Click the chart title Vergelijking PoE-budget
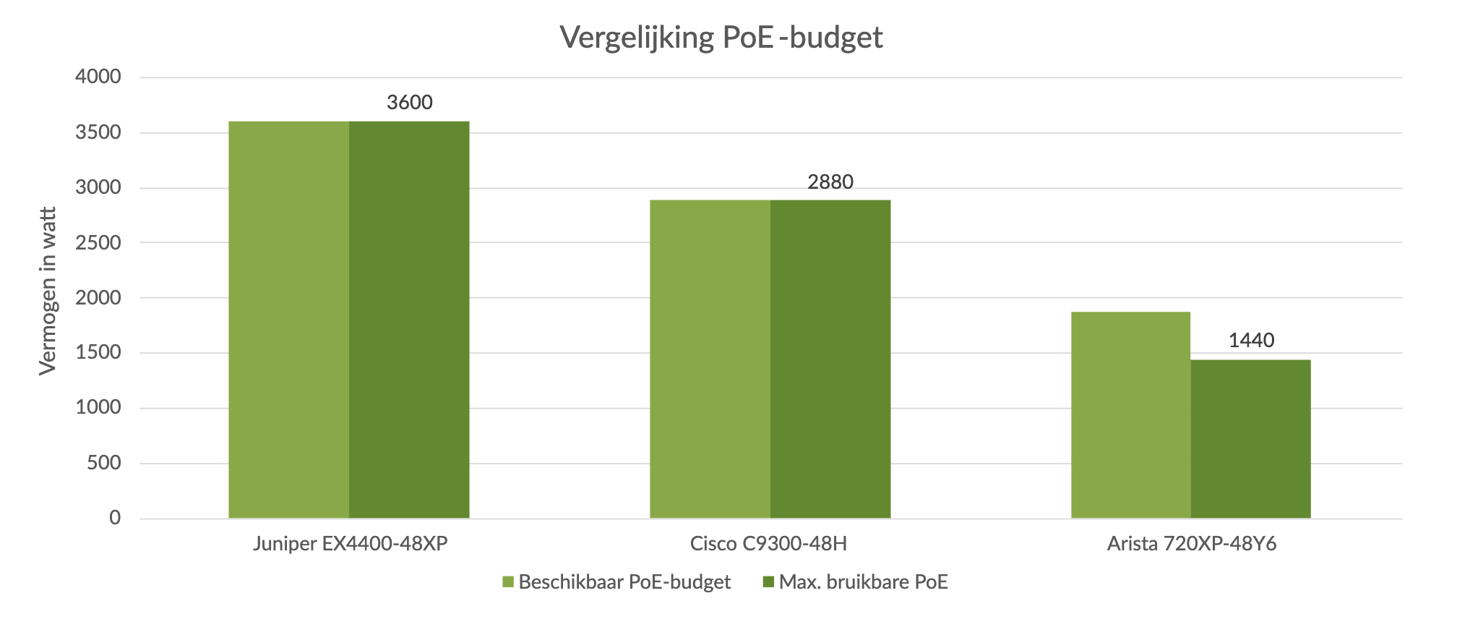(721, 38)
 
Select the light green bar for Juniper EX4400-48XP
(289, 320)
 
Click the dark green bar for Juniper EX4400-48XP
(409, 320)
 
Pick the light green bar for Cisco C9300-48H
(710, 359)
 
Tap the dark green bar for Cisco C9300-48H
(830, 359)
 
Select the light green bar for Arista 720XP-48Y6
(1130, 415)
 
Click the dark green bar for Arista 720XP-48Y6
(1250, 439)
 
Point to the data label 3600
(410, 103)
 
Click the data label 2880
(830, 182)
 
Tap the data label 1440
(1251, 340)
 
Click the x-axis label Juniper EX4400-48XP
(351, 544)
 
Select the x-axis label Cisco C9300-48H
(768, 544)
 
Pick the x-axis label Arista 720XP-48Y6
(1192, 544)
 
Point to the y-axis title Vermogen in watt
(48, 291)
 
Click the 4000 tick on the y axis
(98, 77)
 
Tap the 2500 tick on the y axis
(98, 243)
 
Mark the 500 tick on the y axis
(104, 463)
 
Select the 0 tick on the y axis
(115, 518)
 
